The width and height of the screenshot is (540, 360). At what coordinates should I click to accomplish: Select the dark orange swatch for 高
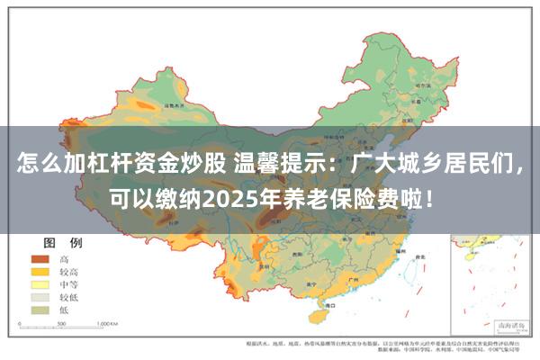click(x=40, y=258)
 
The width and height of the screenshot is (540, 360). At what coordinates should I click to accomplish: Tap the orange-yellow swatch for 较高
click(x=40, y=271)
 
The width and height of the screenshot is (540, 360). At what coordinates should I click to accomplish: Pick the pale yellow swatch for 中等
click(x=40, y=283)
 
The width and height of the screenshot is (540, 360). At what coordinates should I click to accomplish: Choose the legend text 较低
click(x=70, y=296)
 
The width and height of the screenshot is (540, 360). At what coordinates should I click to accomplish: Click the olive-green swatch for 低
click(x=40, y=309)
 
